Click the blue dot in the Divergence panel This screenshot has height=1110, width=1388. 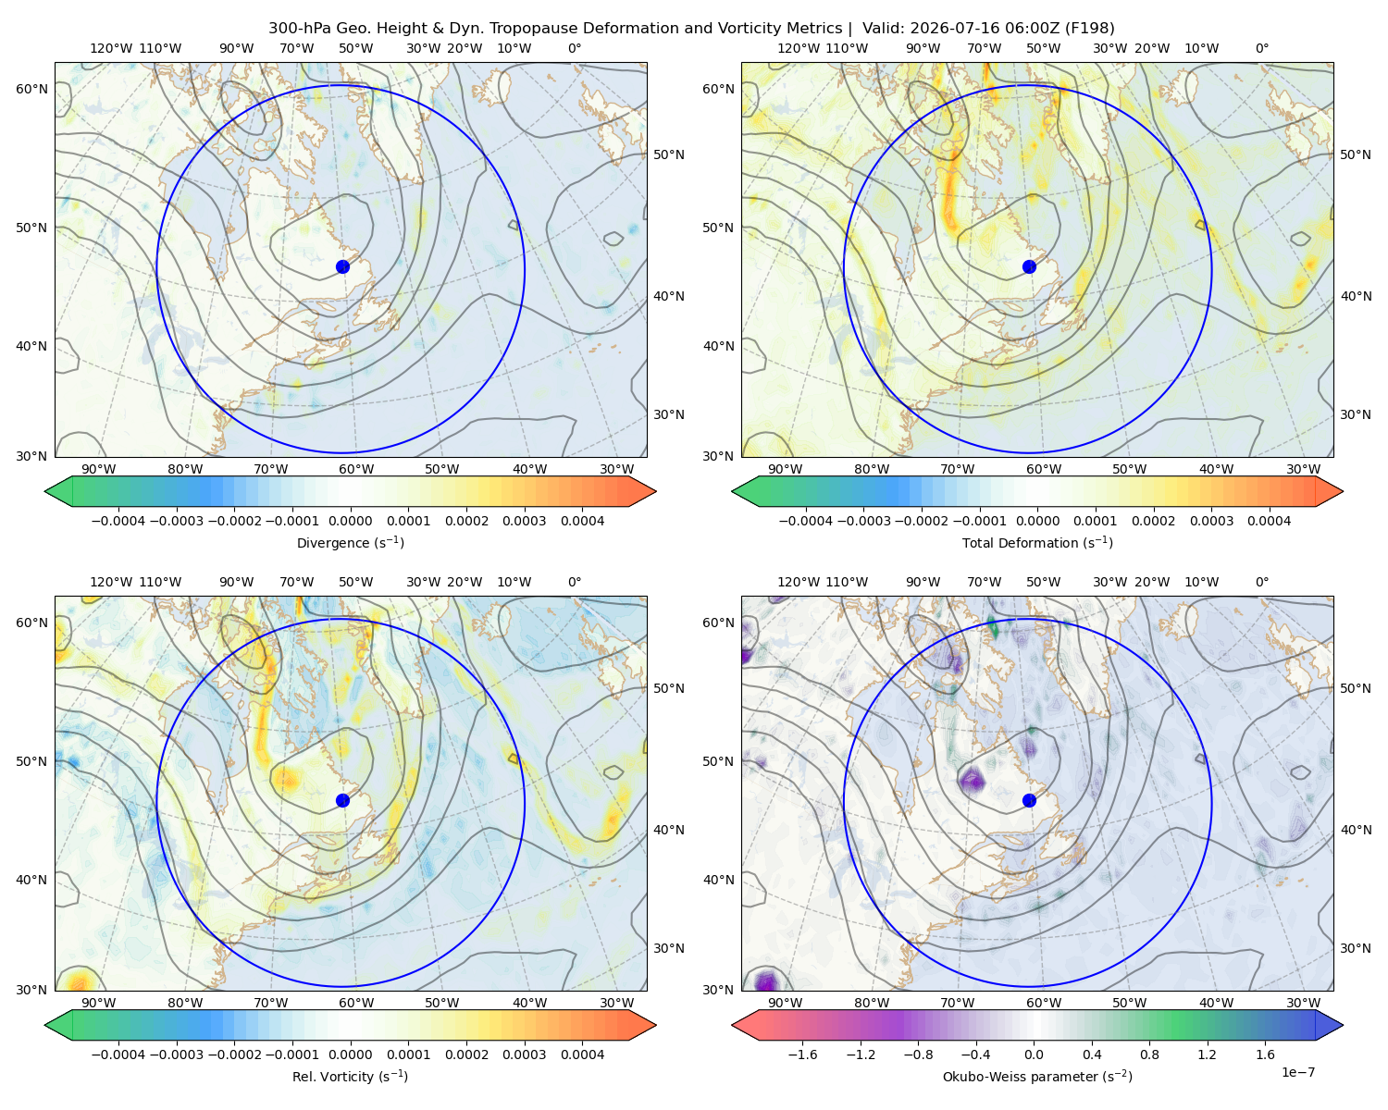342,267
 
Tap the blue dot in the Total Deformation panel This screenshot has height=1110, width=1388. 1029,267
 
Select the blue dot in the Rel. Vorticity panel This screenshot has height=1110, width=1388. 342,800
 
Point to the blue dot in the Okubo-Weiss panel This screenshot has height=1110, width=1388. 1029,800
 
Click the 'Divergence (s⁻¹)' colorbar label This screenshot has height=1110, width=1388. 350,543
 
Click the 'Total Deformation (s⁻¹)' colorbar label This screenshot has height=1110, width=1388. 1037,543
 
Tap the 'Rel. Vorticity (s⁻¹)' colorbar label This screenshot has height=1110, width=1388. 350,1077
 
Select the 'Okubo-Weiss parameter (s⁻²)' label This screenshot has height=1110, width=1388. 1037,1077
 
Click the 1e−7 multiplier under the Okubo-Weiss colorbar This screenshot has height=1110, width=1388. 1297,1073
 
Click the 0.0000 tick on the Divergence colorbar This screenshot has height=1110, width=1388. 350,521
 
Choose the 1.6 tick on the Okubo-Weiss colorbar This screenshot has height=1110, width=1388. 1266,1054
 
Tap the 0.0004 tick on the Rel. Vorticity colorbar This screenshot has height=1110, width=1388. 582,1054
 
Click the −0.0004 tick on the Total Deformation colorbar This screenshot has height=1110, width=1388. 806,521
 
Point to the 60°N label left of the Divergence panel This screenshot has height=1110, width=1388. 31,89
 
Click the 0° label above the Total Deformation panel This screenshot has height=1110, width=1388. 1261,48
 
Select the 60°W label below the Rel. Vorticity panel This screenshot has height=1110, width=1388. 356,1003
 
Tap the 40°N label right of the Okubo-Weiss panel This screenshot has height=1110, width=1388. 1356,830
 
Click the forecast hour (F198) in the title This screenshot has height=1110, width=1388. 1089,29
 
